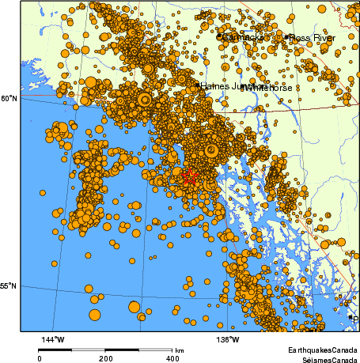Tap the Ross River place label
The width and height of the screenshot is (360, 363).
(313, 37)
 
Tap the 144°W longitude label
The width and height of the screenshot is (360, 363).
(54, 341)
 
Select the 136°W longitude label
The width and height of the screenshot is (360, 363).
(228, 341)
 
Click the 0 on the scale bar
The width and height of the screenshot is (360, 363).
(40, 358)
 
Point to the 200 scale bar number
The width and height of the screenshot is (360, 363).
(106, 358)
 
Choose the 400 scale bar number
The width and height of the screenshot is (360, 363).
(172, 358)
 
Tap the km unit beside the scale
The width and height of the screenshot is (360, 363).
(180, 350)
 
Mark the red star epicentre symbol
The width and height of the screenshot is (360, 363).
(189, 177)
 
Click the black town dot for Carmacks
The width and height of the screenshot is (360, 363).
(219, 36)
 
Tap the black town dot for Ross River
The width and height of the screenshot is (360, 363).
(286, 36)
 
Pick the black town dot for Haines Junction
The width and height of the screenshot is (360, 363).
(197, 84)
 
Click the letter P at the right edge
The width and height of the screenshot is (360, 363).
(355, 320)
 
